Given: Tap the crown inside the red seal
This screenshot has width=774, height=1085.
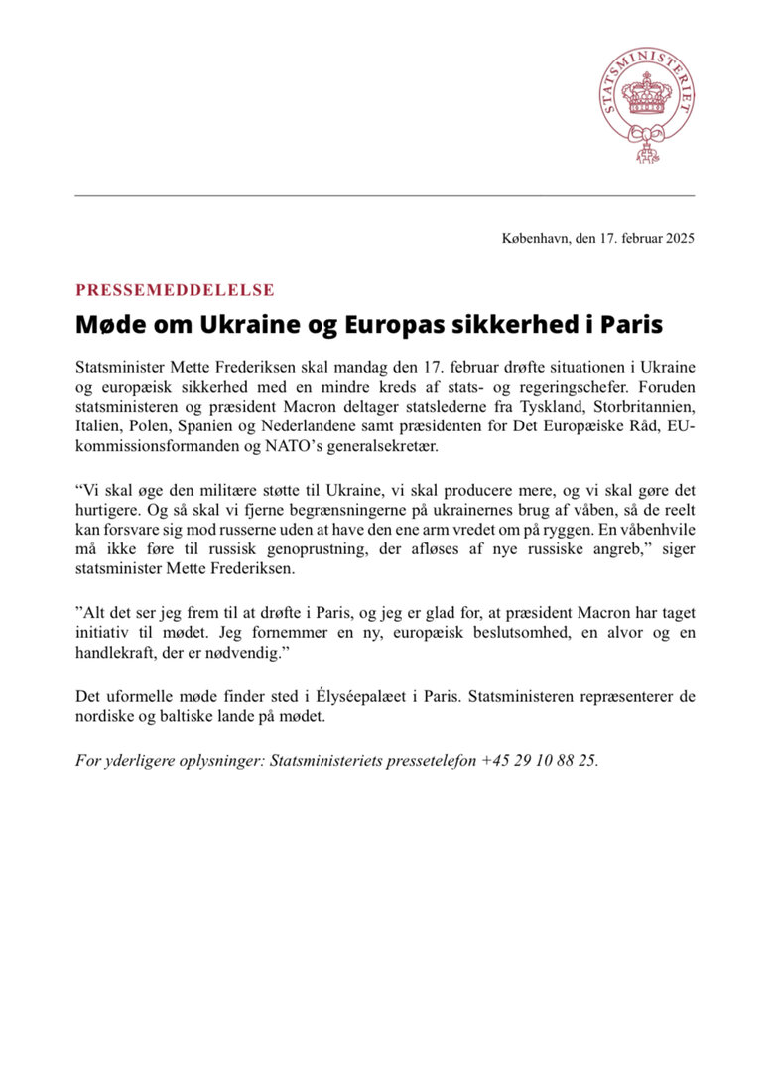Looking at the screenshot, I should pyautogui.click(x=645, y=97).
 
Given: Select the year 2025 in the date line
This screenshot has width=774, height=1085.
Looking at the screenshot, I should pyautogui.click(x=678, y=238).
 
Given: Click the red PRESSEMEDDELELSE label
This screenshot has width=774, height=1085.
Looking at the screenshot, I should pyautogui.click(x=175, y=290).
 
